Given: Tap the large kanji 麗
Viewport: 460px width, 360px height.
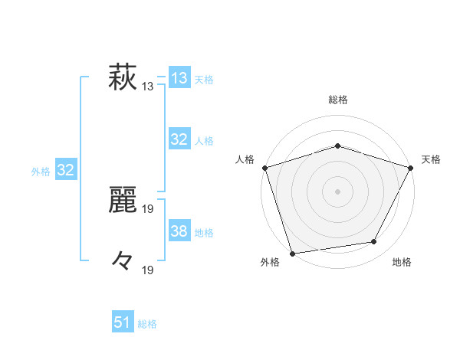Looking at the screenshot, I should pos(123,199).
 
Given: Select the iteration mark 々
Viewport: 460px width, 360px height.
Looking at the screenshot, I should pos(123,260).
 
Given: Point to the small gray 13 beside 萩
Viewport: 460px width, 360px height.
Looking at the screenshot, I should pos(148,87).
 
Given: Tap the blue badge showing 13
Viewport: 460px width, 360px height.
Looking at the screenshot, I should pos(179,78).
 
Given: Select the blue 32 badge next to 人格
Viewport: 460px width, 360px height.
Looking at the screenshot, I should pos(179,139).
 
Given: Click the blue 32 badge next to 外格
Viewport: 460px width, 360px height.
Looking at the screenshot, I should pos(65,170).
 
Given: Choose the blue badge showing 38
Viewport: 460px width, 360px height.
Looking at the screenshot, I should pos(179,231).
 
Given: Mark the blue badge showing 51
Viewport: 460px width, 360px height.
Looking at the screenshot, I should pos(123,322).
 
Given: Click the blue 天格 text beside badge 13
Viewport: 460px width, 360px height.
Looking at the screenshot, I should pos(204,80).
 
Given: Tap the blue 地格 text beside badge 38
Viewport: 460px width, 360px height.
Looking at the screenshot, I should pos(204,233).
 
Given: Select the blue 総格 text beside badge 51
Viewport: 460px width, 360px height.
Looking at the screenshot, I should pos(147,324).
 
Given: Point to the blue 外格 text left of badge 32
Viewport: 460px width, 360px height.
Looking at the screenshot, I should pos(41,172).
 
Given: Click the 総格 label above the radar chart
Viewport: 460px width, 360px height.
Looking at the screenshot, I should pos(337,99).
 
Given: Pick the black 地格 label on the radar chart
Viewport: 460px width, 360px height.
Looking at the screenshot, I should pos(402,263).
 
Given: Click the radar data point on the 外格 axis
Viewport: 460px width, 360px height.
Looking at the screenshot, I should pos(292,253).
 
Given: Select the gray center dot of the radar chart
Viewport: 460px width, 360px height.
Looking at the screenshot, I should pos(337,191).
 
